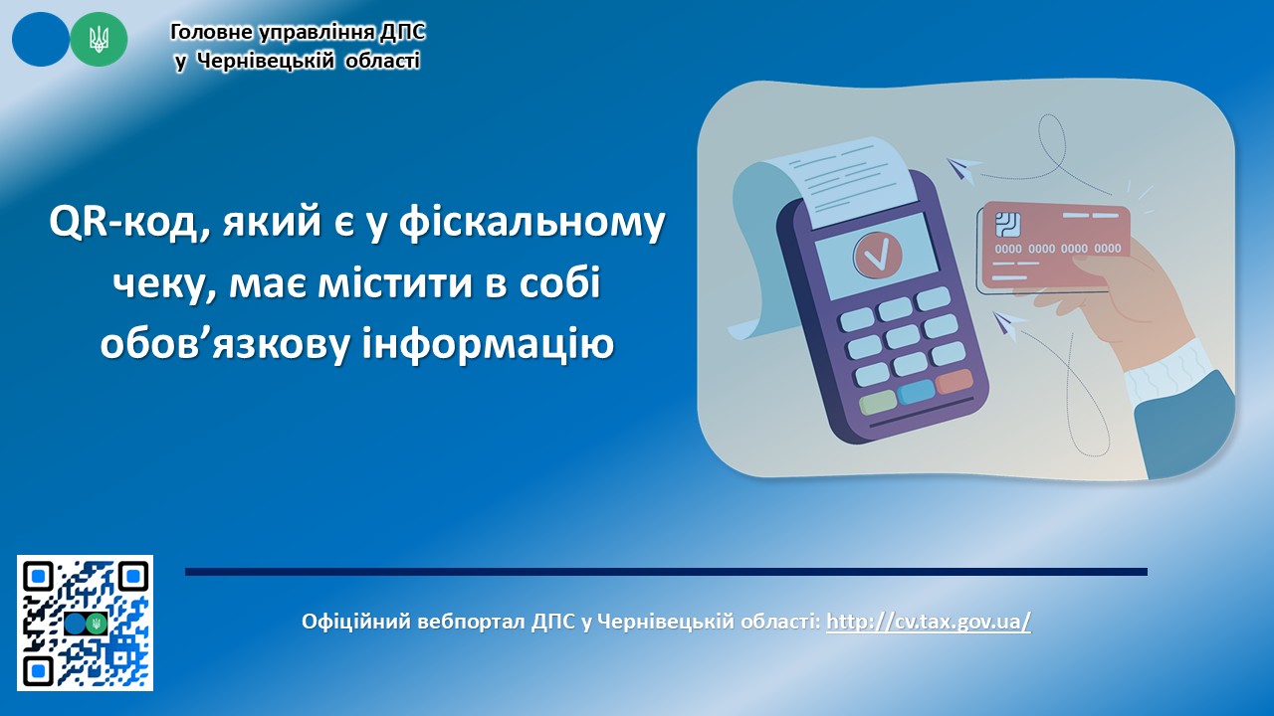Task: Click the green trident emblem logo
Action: [99, 39]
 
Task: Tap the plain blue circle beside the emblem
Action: [41, 39]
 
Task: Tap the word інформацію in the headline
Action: [489, 343]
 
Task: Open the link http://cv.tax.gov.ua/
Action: [929, 622]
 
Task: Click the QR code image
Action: [85, 623]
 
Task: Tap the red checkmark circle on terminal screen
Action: [878, 256]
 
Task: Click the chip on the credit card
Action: [1007, 225]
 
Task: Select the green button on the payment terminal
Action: [878, 403]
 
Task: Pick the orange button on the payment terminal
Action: [954, 381]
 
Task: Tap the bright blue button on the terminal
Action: [916, 392]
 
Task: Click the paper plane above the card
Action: [962, 169]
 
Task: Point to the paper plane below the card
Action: [1008, 325]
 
